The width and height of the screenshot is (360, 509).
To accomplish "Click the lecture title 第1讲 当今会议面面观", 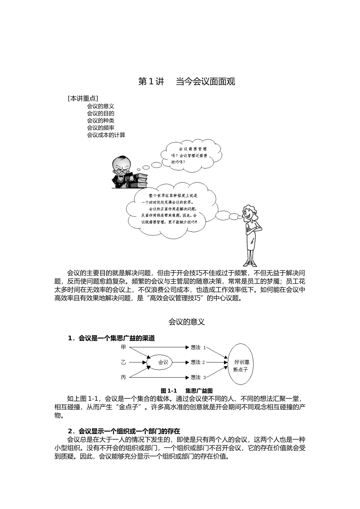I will (x=186, y=81).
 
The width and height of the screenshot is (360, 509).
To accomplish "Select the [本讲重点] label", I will (x=83, y=98).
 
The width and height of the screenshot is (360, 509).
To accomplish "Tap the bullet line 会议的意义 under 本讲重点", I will (x=100, y=106).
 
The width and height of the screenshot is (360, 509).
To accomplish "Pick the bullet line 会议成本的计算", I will (x=106, y=134).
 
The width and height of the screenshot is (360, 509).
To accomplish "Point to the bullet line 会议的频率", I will (x=100, y=128).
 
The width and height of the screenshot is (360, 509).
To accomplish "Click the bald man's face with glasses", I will (x=122, y=166).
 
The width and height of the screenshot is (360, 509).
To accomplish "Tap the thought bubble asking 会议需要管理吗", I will (x=190, y=155).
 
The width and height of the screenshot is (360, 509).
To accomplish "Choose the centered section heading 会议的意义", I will (x=186, y=322).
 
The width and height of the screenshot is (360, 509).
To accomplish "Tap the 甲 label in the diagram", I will (x=123, y=347).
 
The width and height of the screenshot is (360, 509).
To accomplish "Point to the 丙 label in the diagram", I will (x=123, y=377).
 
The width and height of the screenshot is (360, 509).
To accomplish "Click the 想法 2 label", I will (x=197, y=362).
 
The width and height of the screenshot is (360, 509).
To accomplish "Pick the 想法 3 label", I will (x=197, y=377).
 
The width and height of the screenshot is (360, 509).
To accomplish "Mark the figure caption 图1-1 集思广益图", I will (x=186, y=390).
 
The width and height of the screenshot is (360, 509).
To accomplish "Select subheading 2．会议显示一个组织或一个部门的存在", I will (x=124, y=431).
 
